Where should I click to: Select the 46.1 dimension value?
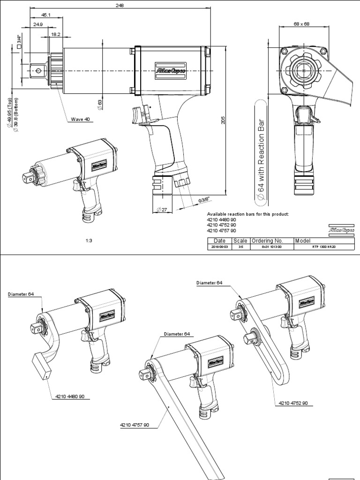[46, 15]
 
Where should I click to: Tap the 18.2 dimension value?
[55, 34]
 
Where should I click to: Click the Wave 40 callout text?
[80, 119]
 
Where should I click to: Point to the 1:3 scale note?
[89, 240]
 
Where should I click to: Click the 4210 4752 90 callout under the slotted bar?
[293, 403]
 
